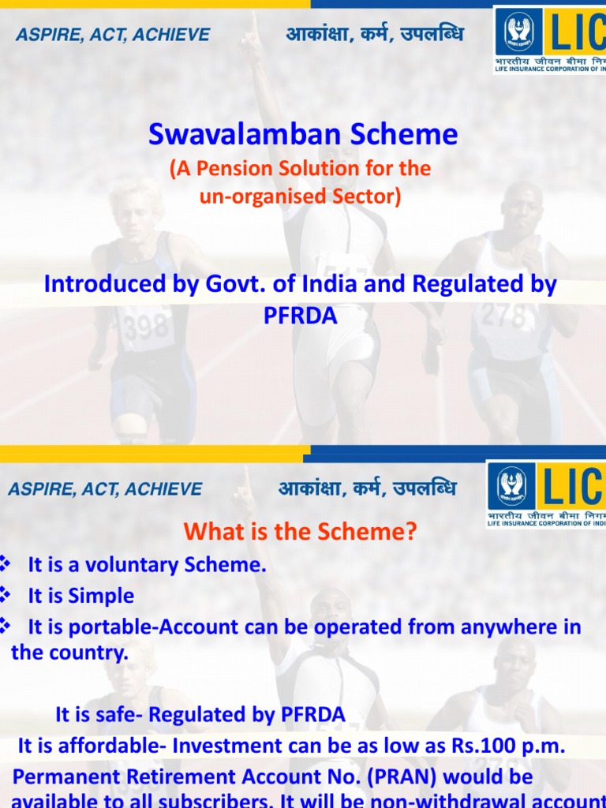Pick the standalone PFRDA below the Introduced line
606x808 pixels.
click(300, 316)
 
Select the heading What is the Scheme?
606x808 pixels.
click(300, 533)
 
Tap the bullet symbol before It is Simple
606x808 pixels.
click(6, 595)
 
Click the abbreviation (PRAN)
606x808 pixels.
click(351, 777)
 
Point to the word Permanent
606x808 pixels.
click(64, 777)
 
